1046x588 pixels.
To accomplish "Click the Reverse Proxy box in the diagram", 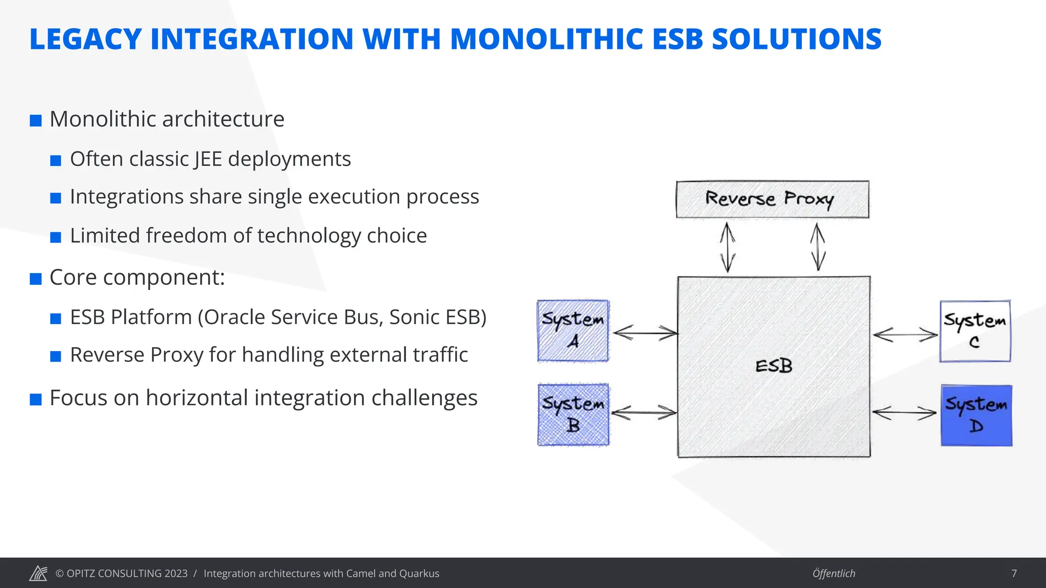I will [772, 199].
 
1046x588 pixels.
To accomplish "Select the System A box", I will [573, 331].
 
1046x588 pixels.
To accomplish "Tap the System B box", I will [573, 414].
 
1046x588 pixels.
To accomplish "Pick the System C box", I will [975, 331].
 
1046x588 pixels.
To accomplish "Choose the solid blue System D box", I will [976, 415].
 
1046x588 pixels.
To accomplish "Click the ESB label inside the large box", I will [774, 366].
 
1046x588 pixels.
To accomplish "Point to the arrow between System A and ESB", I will [645, 333].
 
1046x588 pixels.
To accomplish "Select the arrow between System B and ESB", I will [644, 412].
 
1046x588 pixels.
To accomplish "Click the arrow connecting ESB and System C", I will [905, 335].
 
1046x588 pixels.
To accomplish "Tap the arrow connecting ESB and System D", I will [904, 412].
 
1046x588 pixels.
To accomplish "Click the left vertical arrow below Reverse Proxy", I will [727, 247].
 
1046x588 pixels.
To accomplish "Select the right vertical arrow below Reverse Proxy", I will [818, 247].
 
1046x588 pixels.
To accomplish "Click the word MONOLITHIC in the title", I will [546, 39].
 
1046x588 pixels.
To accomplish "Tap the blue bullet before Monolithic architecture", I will [36, 120].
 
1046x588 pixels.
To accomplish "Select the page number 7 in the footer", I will [1014, 573].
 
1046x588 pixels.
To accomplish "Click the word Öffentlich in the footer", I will [834, 573].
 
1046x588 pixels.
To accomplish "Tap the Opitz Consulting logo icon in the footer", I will [38, 573].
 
